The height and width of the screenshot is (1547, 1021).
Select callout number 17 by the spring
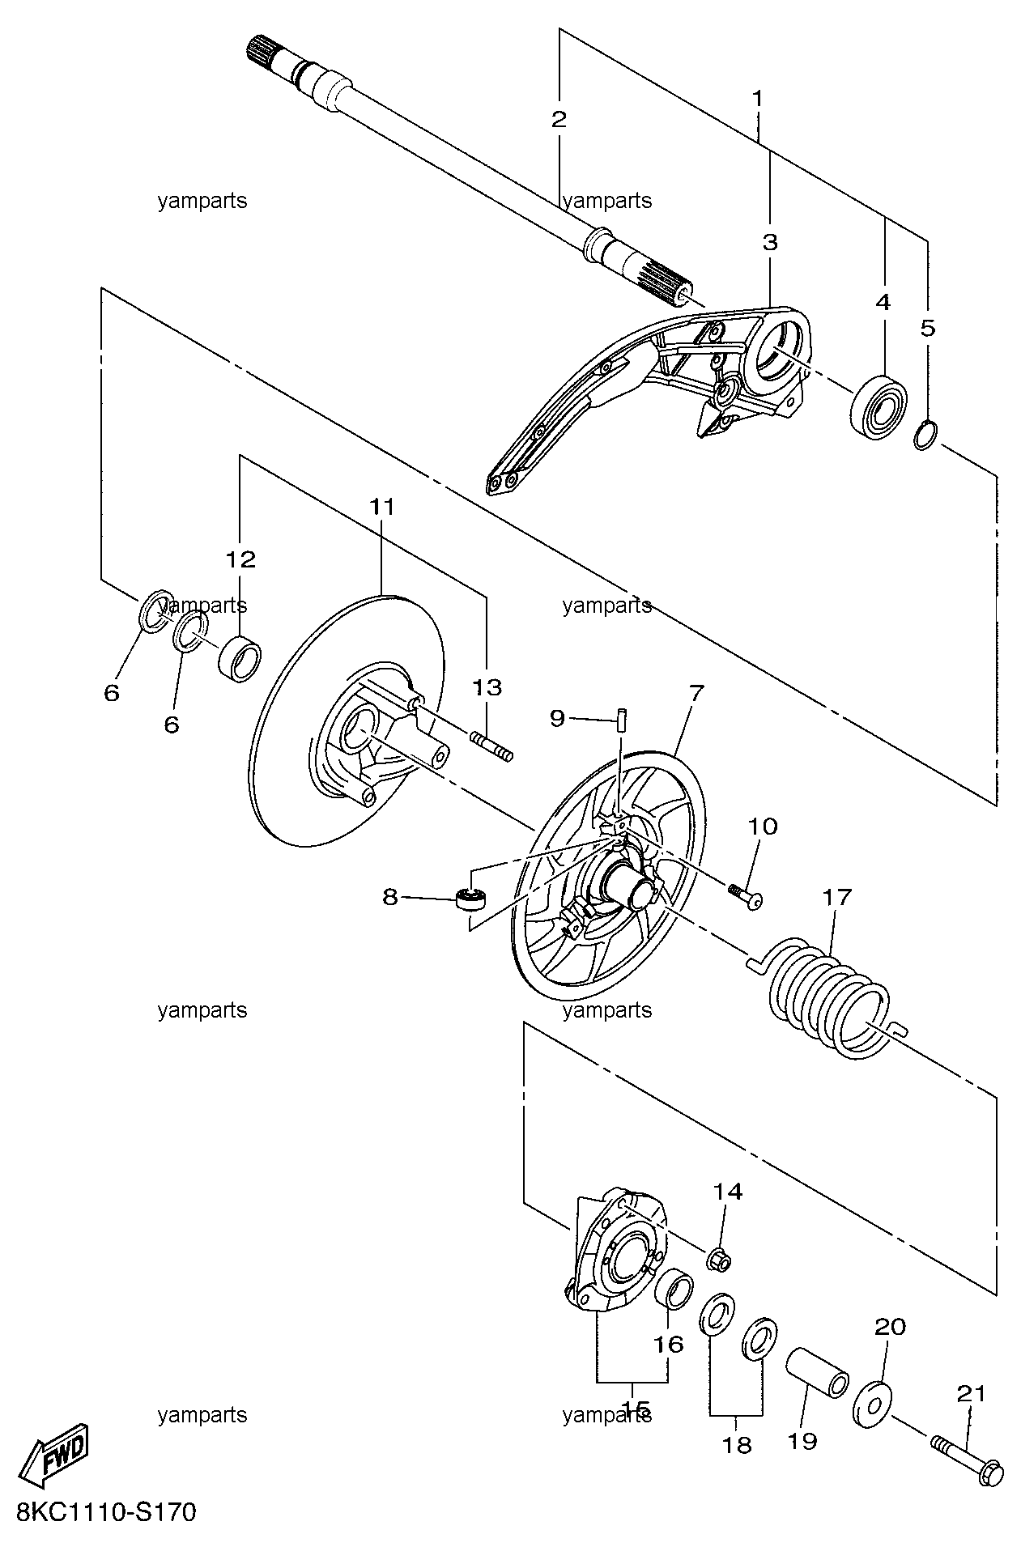click(837, 897)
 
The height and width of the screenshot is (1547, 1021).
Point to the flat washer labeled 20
click(871, 1405)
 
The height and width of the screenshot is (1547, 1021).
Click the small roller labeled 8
click(470, 899)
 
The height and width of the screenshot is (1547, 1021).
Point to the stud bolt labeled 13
click(491, 746)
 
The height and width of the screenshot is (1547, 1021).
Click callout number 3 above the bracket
click(769, 242)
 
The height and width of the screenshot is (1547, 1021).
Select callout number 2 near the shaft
click(559, 120)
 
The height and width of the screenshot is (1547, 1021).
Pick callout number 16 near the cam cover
click(669, 1345)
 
